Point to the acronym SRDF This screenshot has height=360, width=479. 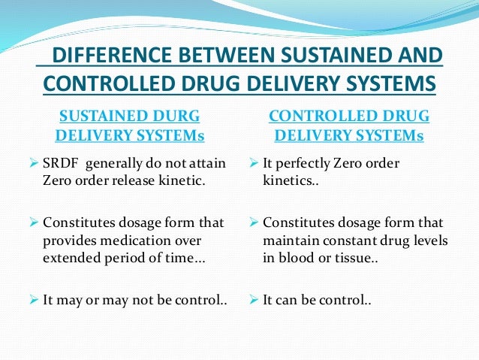pos(60,163)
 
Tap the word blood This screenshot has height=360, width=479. pos(294,258)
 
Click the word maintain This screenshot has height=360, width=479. pos(289,241)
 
